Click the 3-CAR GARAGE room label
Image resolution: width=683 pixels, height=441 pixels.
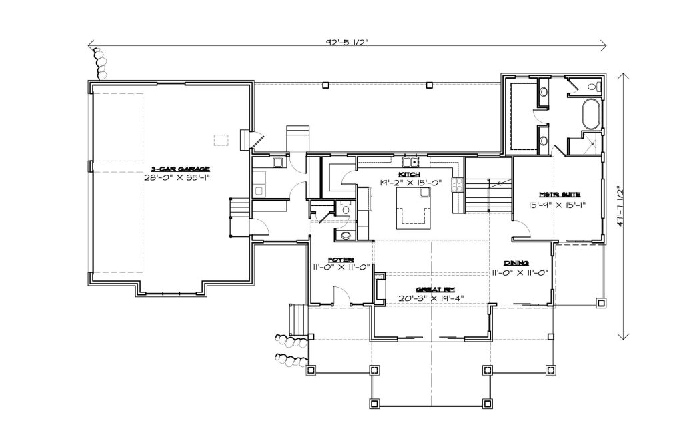(180, 169)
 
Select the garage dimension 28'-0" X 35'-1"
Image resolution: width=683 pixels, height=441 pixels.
(180, 177)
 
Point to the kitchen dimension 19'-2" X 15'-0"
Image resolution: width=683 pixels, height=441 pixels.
(411, 183)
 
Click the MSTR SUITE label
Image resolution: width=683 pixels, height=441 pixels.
(560, 195)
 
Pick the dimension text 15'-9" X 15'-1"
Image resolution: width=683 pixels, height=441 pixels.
(557, 204)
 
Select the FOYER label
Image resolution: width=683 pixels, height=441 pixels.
(341, 260)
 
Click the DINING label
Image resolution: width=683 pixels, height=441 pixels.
(516, 263)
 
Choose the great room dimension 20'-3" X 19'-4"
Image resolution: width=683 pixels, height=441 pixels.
(432, 298)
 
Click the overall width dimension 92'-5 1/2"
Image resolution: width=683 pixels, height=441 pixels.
(348, 42)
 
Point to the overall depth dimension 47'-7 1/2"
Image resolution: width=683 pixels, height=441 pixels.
(621, 206)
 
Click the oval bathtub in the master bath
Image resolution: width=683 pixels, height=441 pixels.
(591, 114)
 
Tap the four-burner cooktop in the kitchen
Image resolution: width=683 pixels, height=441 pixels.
(457, 185)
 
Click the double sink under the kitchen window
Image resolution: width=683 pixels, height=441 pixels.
(410, 163)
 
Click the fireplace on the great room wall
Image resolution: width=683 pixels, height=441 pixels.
(380, 288)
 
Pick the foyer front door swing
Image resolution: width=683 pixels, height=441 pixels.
(341, 296)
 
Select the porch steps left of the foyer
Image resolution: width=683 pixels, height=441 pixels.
(298, 320)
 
